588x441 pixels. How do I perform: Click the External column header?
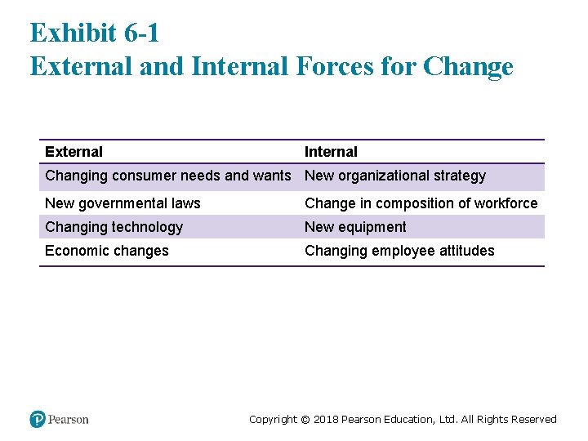click(74, 152)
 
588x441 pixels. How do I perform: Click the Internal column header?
click(331, 152)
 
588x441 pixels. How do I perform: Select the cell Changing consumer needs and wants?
click(167, 176)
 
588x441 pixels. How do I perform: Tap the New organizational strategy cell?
click(395, 176)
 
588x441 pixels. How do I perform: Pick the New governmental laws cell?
click(122, 203)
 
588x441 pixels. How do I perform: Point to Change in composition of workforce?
click(421, 203)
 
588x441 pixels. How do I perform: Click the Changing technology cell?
click(114, 227)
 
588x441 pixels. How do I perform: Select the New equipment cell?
click(355, 227)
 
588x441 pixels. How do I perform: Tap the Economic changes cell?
click(107, 251)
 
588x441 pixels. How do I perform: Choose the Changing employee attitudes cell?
click(399, 251)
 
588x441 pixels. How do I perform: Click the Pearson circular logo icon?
click(38, 419)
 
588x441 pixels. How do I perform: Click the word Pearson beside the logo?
click(69, 420)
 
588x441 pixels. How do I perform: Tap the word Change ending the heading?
click(469, 67)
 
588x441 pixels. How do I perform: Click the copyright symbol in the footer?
click(305, 420)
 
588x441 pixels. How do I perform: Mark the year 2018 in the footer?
click(326, 420)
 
